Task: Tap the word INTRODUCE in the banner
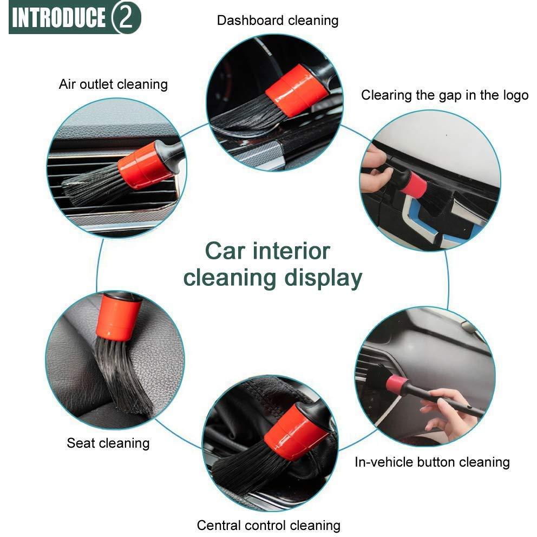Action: pyautogui.click(x=58, y=17)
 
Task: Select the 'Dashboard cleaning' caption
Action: pyautogui.click(x=278, y=20)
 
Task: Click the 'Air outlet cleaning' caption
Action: pyautogui.click(x=113, y=84)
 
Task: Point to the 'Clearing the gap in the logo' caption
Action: pyautogui.click(x=445, y=95)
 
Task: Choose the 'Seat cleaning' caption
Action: pyautogui.click(x=108, y=443)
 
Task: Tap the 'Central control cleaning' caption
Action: pyautogui.click(x=268, y=525)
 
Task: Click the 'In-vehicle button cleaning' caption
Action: pyautogui.click(x=432, y=462)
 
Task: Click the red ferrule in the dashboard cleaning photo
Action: pyautogui.click(x=297, y=90)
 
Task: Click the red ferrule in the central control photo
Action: pyautogui.click(x=296, y=431)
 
